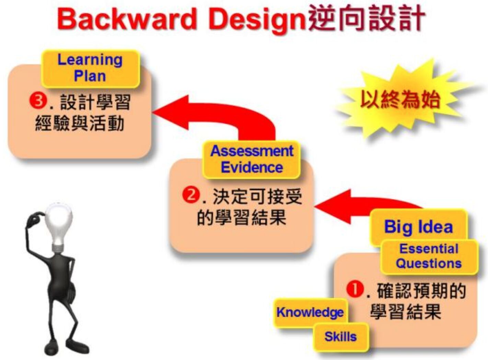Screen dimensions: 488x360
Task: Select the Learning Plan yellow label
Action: (x=90, y=69)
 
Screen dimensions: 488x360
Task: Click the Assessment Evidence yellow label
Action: (x=252, y=159)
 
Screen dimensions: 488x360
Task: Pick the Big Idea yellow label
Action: (x=418, y=227)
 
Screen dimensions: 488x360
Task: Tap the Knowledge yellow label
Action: (x=310, y=312)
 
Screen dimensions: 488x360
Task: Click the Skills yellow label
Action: (x=340, y=337)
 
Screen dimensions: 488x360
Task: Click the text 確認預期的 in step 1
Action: (x=421, y=291)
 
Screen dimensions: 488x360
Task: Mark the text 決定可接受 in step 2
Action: (x=257, y=196)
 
